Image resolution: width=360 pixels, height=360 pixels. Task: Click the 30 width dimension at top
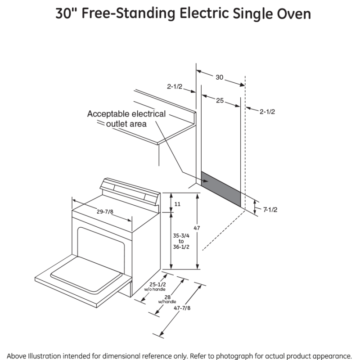[x=219, y=77]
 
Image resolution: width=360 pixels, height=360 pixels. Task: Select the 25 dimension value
[x=220, y=100]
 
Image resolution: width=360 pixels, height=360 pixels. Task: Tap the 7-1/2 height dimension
[x=270, y=210]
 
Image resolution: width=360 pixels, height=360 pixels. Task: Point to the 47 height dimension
[x=197, y=228]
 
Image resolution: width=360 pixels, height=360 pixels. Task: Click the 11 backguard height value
[x=177, y=204]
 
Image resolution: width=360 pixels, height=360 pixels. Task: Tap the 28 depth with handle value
[x=167, y=299]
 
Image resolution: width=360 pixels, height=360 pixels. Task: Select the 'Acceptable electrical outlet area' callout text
[x=126, y=119]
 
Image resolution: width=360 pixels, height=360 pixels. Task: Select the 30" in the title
[x=65, y=13]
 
